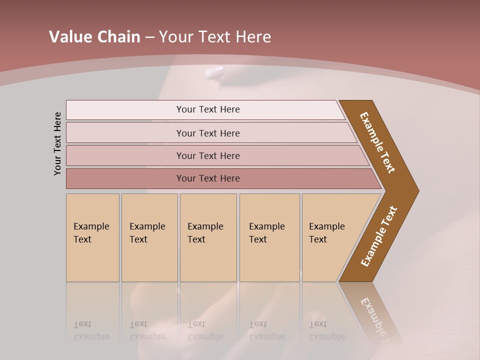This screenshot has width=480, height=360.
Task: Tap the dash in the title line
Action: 149,37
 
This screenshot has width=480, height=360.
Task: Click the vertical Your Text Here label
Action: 57,143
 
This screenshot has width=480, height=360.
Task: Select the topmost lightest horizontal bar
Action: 207,109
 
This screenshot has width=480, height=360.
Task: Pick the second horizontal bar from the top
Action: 207,133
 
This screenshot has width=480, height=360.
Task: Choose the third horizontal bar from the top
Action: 207,155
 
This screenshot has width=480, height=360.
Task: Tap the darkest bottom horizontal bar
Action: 207,178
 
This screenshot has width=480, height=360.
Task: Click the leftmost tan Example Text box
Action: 92,237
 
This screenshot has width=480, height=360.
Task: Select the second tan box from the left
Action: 149,237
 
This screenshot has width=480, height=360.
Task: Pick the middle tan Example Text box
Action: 208,237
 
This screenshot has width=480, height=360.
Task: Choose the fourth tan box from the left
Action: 269,237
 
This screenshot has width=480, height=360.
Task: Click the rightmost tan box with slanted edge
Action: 330,237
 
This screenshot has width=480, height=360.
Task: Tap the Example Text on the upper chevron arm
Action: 377,142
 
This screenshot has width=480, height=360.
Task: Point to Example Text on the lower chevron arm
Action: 379,236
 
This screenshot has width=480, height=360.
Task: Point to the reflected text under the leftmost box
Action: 91,331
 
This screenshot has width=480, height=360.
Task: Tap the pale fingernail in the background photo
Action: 215,73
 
